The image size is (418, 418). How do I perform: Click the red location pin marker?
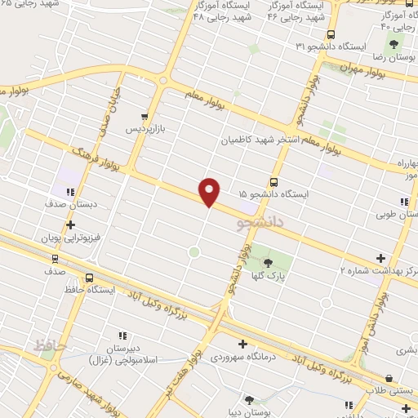click(210, 191)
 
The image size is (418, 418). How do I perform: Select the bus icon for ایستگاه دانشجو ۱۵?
click(273, 182)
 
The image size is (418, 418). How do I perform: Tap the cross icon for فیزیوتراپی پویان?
click(70, 224)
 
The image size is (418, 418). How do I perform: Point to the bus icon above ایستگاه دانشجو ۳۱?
click(330, 34)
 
